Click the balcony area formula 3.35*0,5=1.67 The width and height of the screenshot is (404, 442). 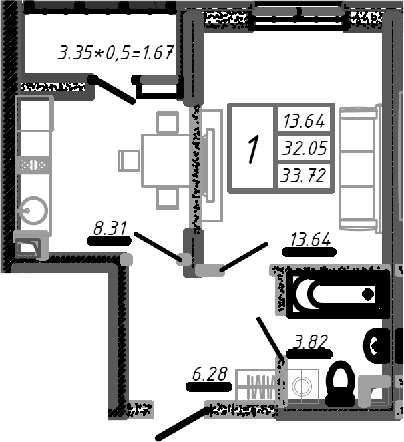click(x=116, y=53)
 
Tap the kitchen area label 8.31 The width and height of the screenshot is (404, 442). click(x=110, y=229)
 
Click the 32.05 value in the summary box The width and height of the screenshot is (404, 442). click(x=305, y=148)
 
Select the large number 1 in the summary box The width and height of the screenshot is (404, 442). click(x=252, y=148)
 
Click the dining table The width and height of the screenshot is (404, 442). click(x=166, y=160)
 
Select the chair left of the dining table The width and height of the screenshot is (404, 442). click(x=128, y=160)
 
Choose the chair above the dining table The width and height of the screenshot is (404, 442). click(x=167, y=123)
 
